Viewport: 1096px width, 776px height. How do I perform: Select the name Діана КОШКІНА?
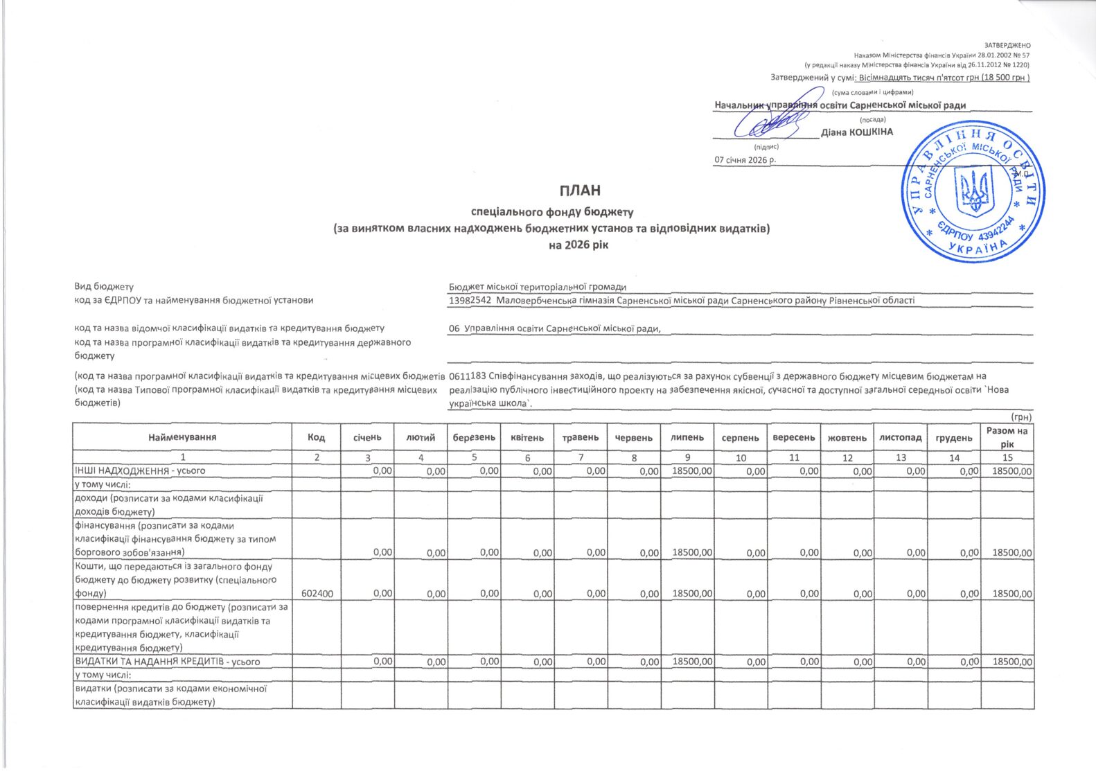[x=857, y=132]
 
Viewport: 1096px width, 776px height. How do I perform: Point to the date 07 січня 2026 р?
[x=745, y=160]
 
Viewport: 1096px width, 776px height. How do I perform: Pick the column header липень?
[x=687, y=438]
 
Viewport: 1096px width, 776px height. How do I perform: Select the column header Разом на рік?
[x=1007, y=437]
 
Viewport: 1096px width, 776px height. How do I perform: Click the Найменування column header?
[x=182, y=437]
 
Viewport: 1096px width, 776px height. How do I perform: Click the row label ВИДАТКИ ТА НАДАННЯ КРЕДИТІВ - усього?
[x=167, y=662]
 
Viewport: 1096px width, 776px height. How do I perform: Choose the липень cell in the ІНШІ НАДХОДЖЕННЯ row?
[x=692, y=471]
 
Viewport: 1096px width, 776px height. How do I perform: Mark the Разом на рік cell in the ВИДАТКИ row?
[x=1012, y=662]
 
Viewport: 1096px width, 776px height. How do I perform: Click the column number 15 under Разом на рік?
[x=1007, y=458]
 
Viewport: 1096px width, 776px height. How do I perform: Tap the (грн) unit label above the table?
[x=1021, y=417]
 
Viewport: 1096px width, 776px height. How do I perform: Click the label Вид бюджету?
[x=104, y=287]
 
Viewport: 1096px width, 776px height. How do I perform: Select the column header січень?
[x=367, y=438]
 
